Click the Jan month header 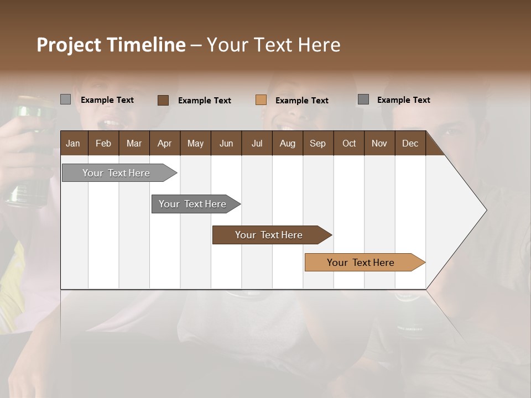tap(73, 143)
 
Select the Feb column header tap(103, 143)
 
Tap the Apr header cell tap(164, 143)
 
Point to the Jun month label tap(226, 143)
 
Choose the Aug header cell tap(287, 143)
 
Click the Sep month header tap(317, 143)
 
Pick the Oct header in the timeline tap(349, 143)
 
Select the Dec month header tap(410, 143)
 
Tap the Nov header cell tap(379, 143)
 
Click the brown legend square tap(163, 100)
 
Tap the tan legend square tap(261, 100)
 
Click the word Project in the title tap(69, 45)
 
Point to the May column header tap(195, 143)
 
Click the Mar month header tap(134, 143)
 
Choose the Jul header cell tap(257, 143)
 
